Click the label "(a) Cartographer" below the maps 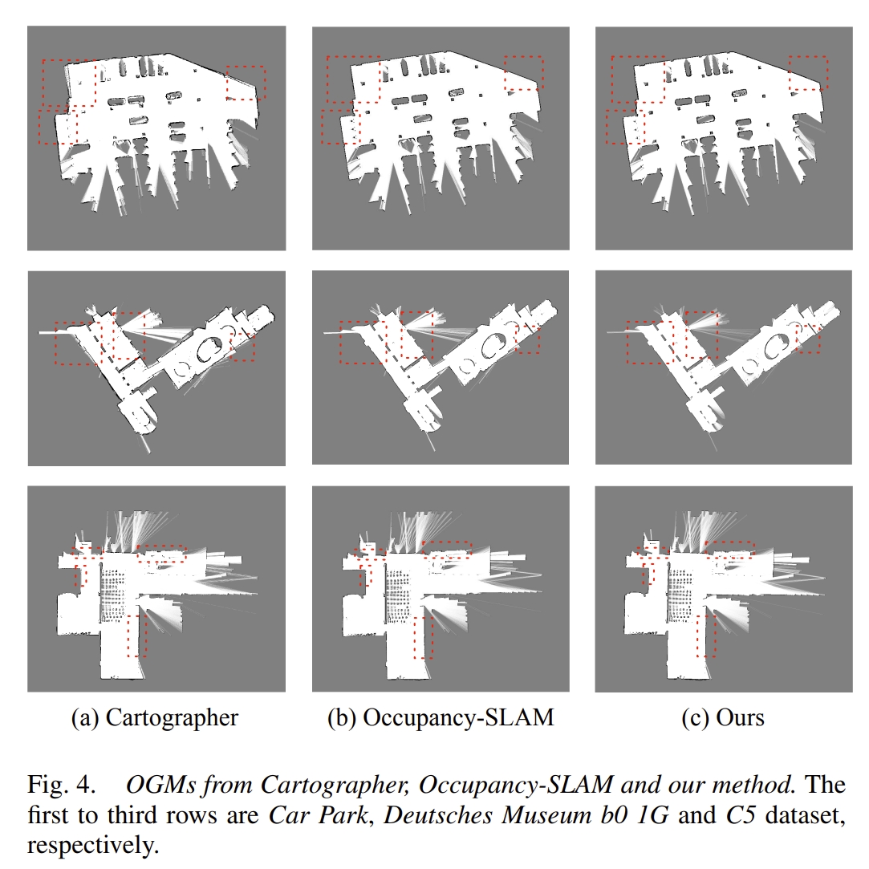[x=155, y=717]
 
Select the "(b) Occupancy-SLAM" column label [x=441, y=717]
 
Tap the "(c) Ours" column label [x=723, y=717]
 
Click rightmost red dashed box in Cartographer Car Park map [x=246, y=82]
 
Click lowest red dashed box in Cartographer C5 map [x=136, y=636]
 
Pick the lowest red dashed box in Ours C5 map [x=705, y=636]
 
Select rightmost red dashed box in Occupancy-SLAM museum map [x=528, y=339]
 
